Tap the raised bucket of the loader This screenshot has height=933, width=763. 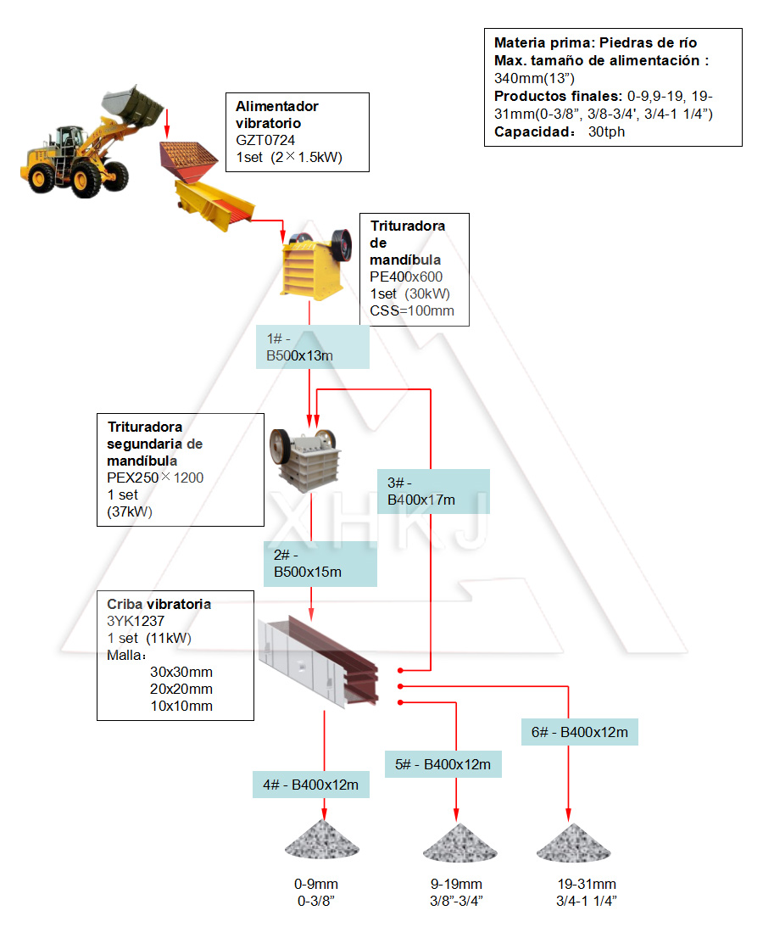click(133, 103)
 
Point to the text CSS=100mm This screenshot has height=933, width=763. click(411, 310)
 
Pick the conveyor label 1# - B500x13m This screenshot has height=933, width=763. click(312, 347)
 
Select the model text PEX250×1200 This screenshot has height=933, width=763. click(155, 478)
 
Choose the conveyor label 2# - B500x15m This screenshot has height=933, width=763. click(320, 564)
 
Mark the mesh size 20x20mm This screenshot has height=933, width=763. click(181, 689)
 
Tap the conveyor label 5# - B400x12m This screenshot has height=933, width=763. click(443, 764)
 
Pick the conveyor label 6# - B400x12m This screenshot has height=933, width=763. click(579, 732)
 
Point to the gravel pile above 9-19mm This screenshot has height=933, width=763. click(458, 842)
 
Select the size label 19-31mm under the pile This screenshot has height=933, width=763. click(587, 885)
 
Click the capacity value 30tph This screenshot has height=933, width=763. click(606, 131)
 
